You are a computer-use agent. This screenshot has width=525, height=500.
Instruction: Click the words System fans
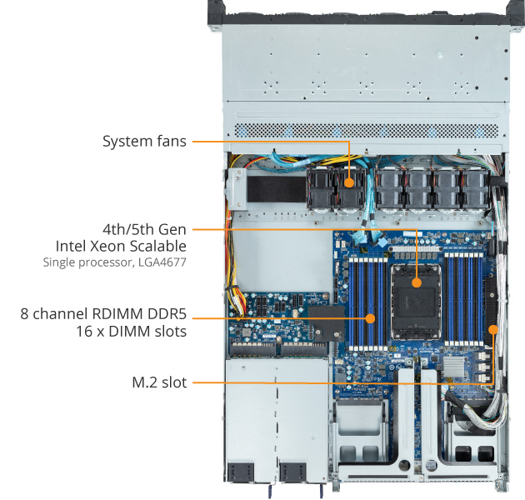[144, 142]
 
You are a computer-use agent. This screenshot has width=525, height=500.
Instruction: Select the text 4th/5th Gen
[144, 228]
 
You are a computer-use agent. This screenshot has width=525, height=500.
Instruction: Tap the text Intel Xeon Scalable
[121, 246]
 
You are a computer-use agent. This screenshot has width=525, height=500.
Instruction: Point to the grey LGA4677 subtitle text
[114, 262]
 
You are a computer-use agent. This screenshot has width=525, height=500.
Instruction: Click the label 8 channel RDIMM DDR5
[103, 314]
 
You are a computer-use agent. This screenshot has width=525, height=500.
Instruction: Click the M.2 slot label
[159, 382]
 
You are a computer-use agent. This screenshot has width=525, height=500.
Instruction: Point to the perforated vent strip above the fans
[367, 131]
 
